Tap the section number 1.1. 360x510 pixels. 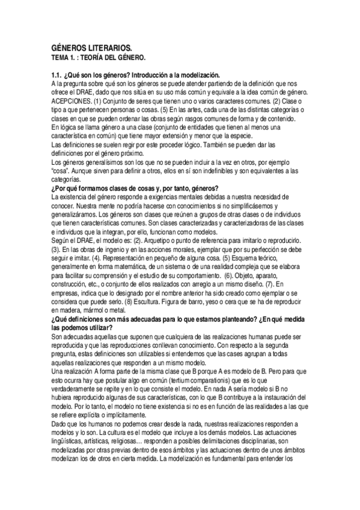click(x=58, y=74)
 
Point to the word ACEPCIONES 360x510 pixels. click(x=72, y=103)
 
